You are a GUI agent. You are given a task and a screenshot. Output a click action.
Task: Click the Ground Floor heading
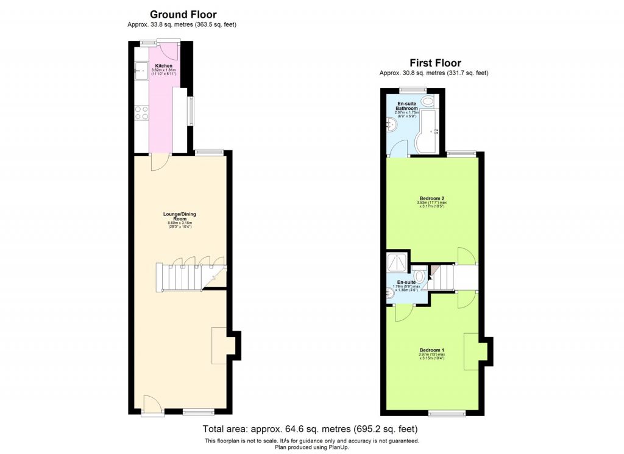tap(183, 15)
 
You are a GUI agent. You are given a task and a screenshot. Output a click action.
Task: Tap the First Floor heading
tap(435, 63)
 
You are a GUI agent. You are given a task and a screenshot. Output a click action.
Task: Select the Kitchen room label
tap(163, 66)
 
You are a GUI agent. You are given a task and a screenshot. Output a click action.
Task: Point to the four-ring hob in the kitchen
tap(141, 112)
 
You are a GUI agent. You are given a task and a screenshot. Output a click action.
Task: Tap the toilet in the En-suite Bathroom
tap(428, 101)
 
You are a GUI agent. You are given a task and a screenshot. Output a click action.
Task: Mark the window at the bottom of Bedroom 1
tap(445, 414)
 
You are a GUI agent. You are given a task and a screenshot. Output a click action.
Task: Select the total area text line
tap(311, 428)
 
